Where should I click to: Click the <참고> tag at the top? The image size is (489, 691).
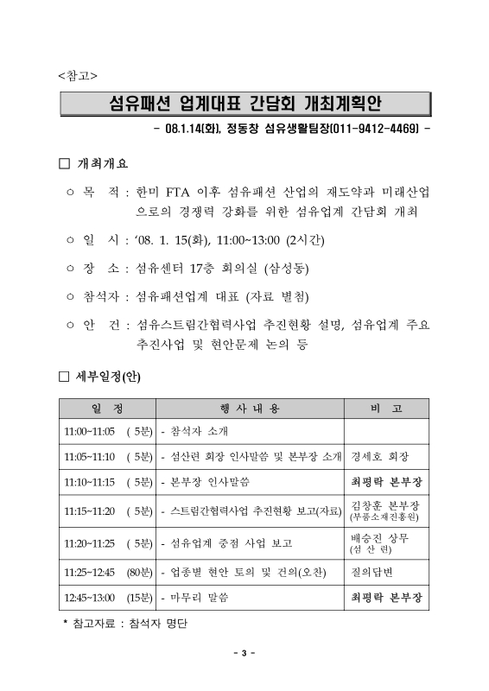pos(77,75)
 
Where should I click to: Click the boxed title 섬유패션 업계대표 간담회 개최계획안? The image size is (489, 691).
pos(244,105)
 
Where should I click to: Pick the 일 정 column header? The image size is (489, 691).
pos(106,408)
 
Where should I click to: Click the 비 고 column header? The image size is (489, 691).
pos(385,408)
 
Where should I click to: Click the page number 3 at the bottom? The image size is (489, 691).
pos(244,653)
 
